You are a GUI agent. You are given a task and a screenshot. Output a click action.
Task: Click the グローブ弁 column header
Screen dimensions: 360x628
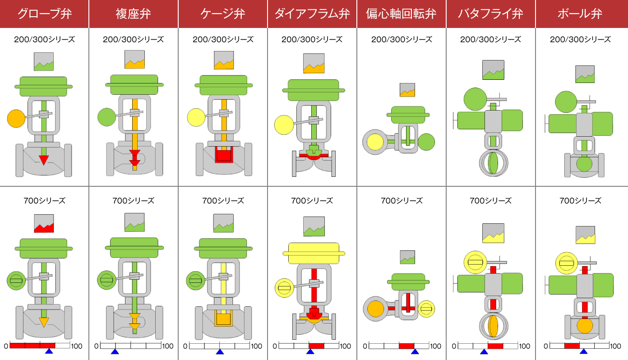click(44, 14)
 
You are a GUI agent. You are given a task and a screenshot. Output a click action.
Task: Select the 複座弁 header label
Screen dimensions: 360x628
click(133, 14)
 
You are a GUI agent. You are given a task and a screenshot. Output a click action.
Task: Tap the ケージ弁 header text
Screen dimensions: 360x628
click(222, 14)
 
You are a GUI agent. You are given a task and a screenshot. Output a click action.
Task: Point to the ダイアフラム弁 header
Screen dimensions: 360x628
click(312, 14)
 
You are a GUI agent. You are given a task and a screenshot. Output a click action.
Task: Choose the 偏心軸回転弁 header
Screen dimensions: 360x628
click(401, 14)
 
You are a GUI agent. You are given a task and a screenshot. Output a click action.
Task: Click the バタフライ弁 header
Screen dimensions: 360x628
click(490, 14)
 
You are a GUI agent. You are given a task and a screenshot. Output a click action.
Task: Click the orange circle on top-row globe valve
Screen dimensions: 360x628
click(16, 119)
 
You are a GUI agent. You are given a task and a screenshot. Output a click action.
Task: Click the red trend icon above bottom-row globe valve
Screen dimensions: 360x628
click(44, 223)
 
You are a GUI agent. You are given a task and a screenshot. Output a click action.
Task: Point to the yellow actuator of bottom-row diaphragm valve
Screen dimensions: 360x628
click(314, 253)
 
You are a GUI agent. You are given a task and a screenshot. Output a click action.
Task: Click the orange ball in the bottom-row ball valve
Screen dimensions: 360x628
click(584, 325)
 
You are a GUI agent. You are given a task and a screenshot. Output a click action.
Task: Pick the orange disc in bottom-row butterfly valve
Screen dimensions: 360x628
click(493, 326)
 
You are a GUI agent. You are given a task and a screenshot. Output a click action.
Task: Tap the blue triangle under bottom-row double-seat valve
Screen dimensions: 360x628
click(115, 351)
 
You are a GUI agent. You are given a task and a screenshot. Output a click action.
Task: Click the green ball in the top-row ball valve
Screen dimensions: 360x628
click(584, 163)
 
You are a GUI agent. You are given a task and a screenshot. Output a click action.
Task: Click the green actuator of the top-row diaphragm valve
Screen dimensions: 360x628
click(314, 90)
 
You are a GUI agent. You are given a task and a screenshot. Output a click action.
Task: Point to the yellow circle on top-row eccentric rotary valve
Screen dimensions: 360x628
click(375, 142)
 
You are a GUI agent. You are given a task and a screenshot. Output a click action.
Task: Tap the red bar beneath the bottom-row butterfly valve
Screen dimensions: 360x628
click(495, 346)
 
